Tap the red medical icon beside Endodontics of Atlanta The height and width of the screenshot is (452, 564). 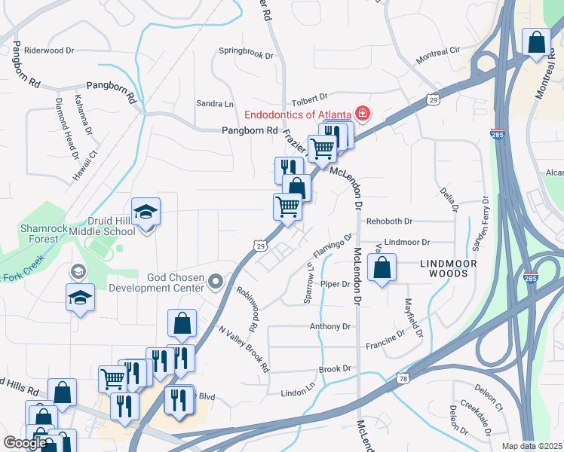click(x=363, y=115)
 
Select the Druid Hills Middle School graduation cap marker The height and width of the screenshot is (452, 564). click(x=146, y=214)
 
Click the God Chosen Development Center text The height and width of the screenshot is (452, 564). click(x=156, y=282)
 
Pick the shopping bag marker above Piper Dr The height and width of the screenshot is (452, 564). click(x=382, y=268)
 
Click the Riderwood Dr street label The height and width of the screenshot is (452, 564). click(x=49, y=50)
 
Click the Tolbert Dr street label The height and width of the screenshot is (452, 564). click(x=310, y=97)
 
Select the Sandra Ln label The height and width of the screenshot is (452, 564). click(x=215, y=103)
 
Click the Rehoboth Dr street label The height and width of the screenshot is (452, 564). click(x=389, y=221)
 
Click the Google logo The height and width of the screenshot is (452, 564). click(x=25, y=443)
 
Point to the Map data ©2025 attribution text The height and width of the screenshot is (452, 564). click(x=531, y=446)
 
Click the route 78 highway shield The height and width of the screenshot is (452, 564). click(x=403, y=378)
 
